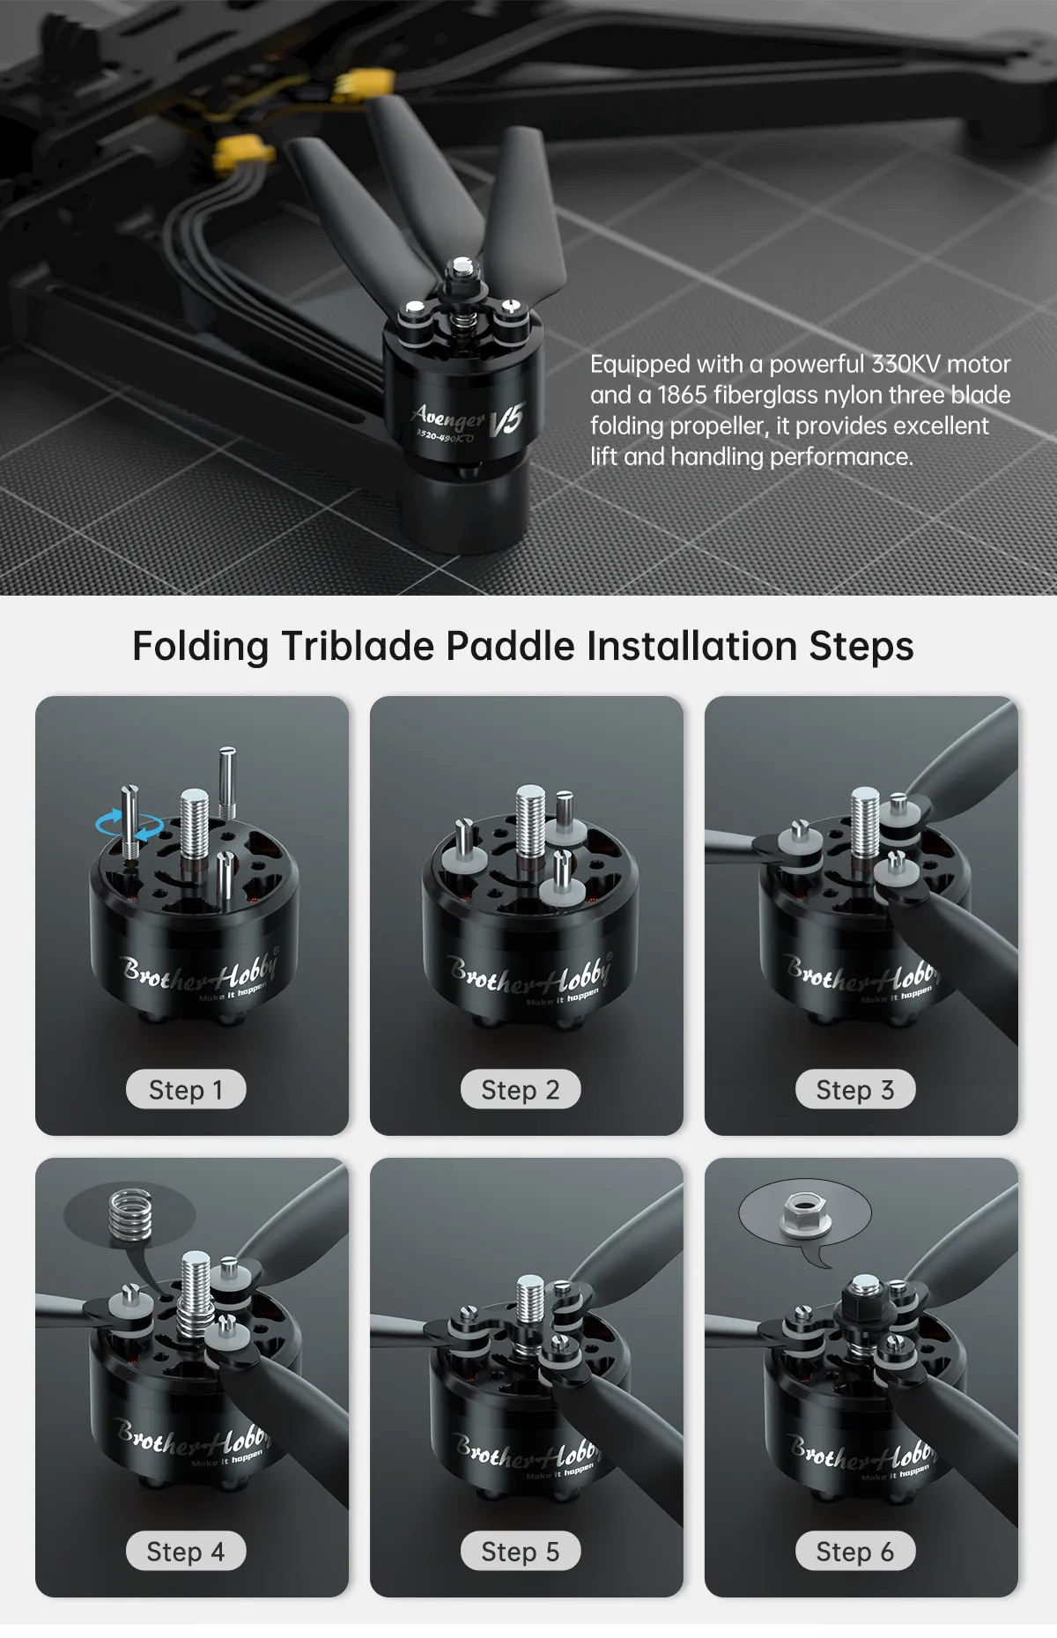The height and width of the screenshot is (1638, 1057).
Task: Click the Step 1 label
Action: click(x=186, y=1090)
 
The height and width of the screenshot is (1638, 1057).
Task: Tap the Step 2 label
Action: click(x=521, y=1090)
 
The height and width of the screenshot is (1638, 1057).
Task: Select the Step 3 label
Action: click(x=855, y=1090)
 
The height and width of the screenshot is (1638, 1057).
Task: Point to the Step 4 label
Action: click(x=186, y=1552)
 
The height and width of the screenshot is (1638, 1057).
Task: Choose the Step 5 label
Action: click(x=521, y=1552)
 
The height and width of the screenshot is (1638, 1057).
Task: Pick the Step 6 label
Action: click(x=855, y=1552)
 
